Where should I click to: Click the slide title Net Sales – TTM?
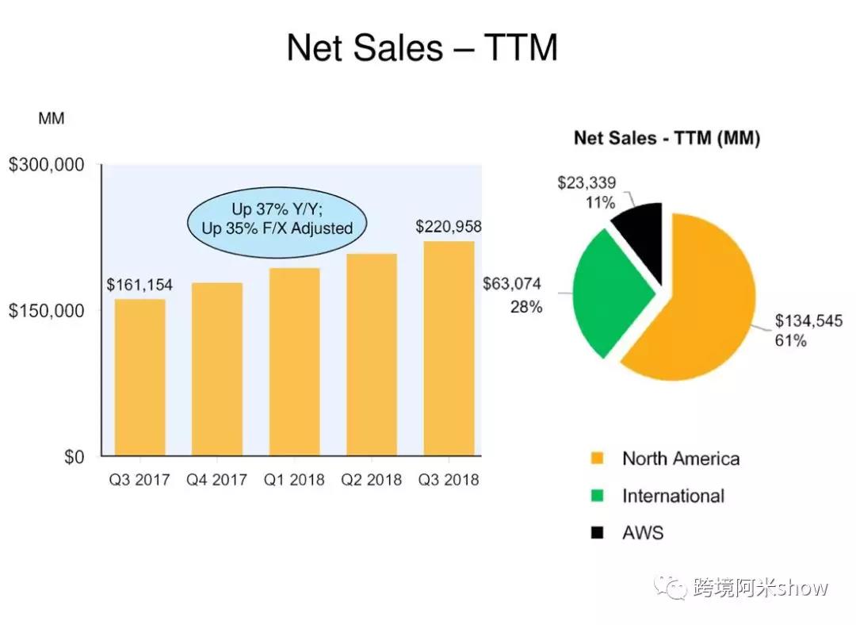(422, 48)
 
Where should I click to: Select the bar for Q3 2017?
(139, 377)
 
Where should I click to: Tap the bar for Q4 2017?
(216, 369)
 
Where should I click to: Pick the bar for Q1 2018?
(294, 362)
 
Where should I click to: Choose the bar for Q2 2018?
(371, 355)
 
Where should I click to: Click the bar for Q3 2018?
(448, 348)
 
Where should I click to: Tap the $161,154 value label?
(139, 285)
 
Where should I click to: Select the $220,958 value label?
(448, 227)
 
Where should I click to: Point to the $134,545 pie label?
(808, 322)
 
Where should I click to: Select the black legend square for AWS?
(597, 532)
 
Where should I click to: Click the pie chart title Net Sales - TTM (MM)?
(667, 139)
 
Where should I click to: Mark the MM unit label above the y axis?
(51, 119)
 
